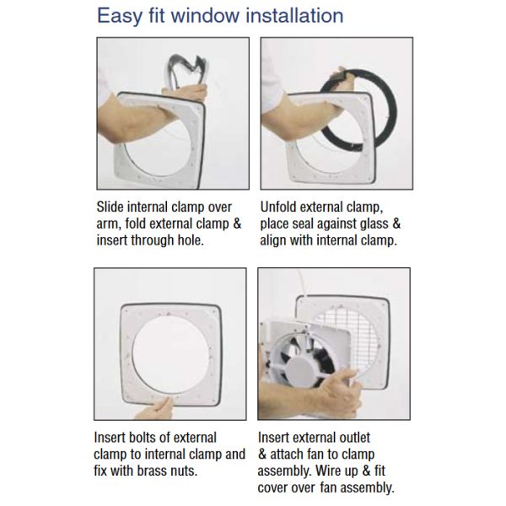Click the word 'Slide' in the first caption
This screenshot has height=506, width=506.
tap(111, 207)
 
